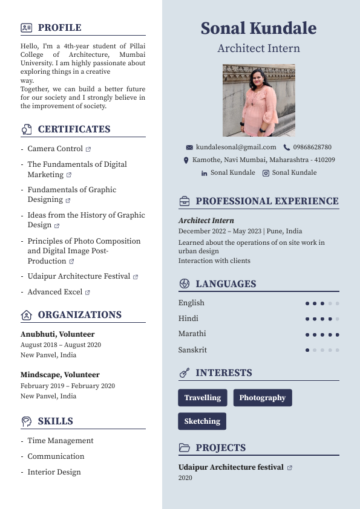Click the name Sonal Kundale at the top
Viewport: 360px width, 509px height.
click(258, 28)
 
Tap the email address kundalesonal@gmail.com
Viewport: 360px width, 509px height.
click(236, 147)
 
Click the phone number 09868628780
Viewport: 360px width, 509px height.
click(312, 147)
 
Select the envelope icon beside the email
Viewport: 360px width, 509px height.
click(189, 148)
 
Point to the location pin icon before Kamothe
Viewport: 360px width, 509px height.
click(186, 160)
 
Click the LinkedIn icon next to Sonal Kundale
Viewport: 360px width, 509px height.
click(204, 173)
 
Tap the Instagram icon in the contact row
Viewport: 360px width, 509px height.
click(266, 173)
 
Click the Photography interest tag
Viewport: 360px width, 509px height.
click(262, 398)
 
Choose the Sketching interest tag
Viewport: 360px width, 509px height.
click(202, 421)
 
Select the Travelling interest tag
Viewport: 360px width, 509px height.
click(202, 398)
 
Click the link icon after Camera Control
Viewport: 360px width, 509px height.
click(88, 149)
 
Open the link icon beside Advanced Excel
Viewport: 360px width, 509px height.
click(88, 292)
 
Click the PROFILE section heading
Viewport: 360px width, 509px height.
click(59, 28)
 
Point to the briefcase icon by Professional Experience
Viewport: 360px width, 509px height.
click(185, 201)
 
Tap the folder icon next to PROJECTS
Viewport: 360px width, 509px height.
click(185, 448)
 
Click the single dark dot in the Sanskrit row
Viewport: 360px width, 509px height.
click(307, 350)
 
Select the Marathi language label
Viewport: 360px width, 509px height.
click(192, 334)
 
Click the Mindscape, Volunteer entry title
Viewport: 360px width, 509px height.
click(60, 375)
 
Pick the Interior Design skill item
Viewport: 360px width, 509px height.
click(54, 472)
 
